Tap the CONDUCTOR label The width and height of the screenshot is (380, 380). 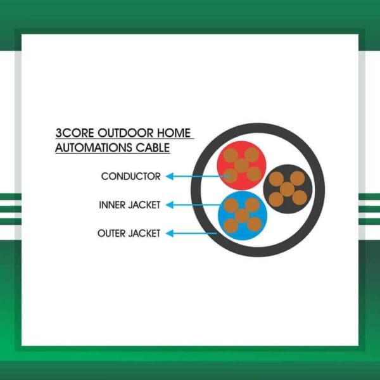[x=130, y=177]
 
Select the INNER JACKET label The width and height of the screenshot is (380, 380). [x=130, y=205]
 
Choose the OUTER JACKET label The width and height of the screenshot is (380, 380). [x=129, y=234]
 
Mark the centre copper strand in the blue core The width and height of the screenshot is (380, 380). [x=242, y=215]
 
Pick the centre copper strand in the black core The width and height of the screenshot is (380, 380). [x=287, y=189]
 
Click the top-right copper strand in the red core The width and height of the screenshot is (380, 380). [x=252, y=154]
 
